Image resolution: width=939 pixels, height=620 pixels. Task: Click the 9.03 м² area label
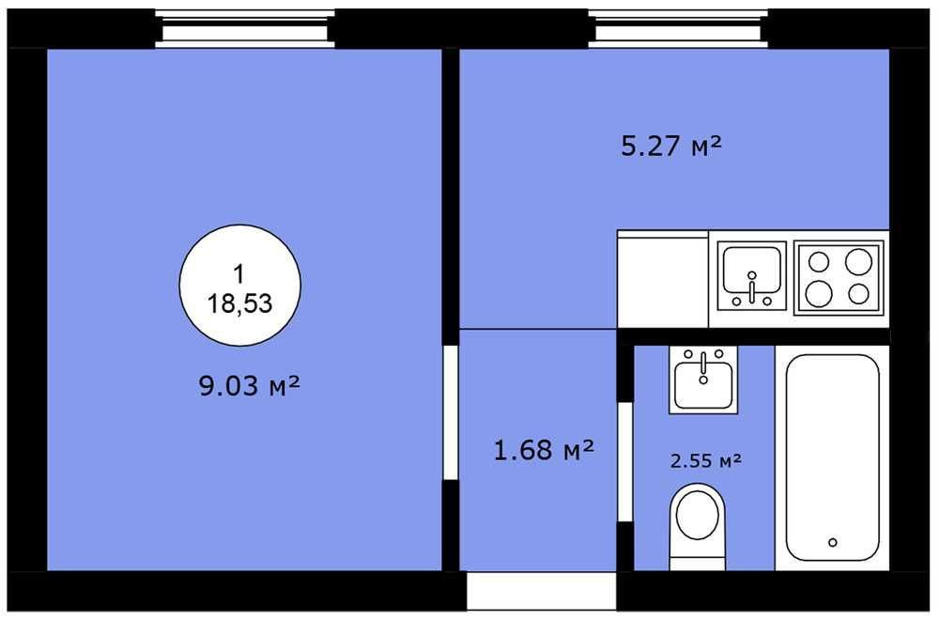[x=249, y=385]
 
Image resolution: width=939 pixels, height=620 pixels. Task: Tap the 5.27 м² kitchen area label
[x=671, y=146]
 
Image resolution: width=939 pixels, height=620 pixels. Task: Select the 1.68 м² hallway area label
[x=544, y=450]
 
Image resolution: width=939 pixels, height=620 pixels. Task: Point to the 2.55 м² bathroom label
[x=706, y=460]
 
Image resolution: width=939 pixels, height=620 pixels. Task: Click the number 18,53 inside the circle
[x=239, y=303]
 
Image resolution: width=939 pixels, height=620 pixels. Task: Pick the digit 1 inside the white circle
[x=239, y=274]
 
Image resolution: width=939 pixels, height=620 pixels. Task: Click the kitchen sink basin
[x=752, y=275]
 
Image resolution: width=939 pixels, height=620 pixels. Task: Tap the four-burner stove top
[x=839, y=277]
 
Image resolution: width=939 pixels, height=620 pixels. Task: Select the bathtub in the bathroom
[x=832, y=457]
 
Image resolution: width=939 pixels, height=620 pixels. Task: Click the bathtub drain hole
[x=832, y=543]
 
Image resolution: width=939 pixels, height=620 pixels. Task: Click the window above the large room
[x=245, y=28]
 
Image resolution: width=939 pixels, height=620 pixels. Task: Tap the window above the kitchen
[x=679, y=28]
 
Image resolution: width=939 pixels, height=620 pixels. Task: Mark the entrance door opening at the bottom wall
[x=542, y=591]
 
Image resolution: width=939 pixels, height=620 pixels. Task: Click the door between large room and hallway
[x=451, y=412]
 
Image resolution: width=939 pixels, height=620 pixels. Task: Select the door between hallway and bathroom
[x=625, y=461]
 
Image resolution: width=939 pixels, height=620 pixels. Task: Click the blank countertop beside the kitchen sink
[x=662, y=279]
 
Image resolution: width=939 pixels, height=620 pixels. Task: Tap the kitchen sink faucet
[x=752, y=287]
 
